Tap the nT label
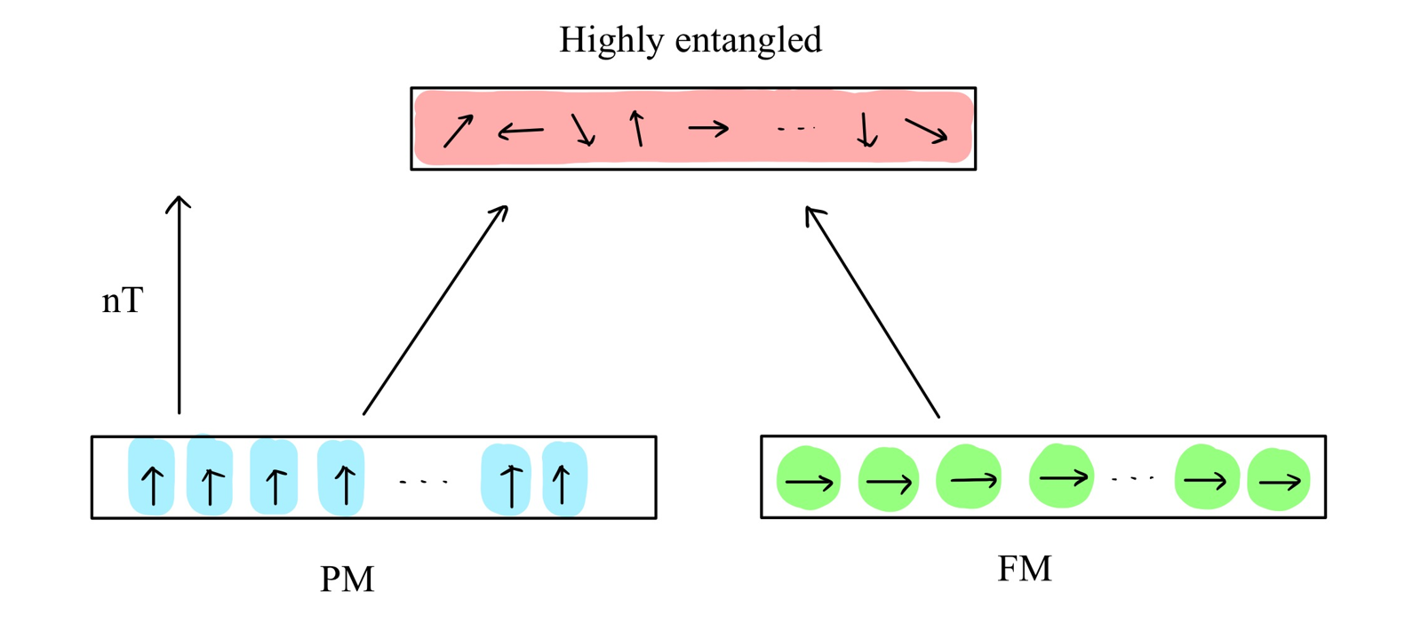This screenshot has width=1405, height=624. coord(122,301)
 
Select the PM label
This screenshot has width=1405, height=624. coord(347,580)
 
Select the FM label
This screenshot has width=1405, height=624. coord(1024,569)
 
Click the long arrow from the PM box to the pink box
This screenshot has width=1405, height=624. coord(435,310)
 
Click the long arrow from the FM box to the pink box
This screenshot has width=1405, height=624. coord(872,311)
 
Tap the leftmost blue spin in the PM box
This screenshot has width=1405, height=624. coord(152,478)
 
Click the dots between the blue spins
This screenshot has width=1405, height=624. coord(423,482)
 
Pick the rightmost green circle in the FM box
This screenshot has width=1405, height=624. coord(1278,481)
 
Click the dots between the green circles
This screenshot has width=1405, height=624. coord(1132,479)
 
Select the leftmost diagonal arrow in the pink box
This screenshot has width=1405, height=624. coord(458,132)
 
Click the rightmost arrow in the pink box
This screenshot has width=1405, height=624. coord(926,132)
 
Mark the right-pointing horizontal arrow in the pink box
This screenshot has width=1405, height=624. coord(708,129)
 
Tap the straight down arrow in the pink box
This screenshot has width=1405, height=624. coord(866,130)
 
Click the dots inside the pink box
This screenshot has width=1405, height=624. coord(795,129)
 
